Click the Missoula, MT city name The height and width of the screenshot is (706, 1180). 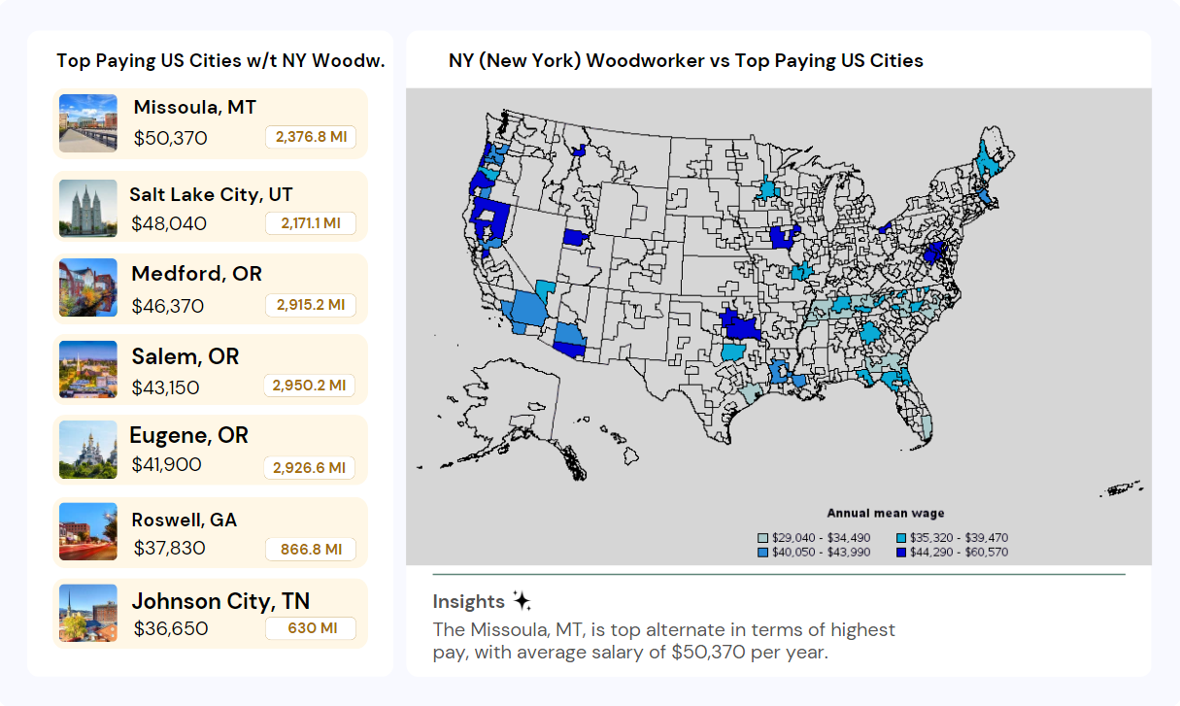[x=194, y=107]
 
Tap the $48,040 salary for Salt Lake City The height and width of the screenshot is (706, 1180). [x=169, y=223]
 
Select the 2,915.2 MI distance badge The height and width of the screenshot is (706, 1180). [x=311, y=305]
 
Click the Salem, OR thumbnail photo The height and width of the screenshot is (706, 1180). [x=87, y=369]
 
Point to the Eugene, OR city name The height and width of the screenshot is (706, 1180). [x=188, y=435]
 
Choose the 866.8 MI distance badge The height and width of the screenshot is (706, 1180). [x=311, y=550]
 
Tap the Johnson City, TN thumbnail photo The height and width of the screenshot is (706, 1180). [x=87, y=613]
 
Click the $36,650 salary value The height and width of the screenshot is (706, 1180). [x=171, y=628]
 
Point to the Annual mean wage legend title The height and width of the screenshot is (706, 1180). [x=885, y=514]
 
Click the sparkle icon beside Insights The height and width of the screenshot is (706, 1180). [x=522, y=600]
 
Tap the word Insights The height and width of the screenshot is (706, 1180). [x=468, y=601]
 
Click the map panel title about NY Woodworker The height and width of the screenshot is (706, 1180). [x=686, y=60]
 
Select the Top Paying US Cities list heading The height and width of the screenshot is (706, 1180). [x=220, y=60]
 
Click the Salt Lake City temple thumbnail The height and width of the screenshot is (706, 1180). [x=87, y=207]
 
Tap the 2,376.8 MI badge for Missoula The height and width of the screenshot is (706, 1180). [x=311, y=137]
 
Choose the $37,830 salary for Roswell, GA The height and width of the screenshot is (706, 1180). [x=169, y=548]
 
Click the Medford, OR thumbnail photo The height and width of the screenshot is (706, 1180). [x=87, y=287]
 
